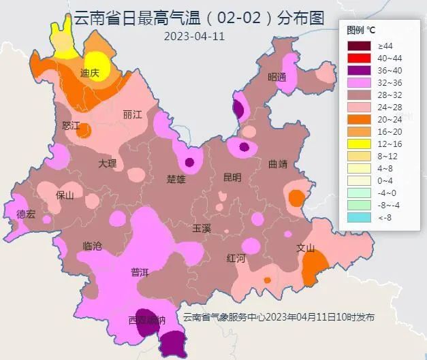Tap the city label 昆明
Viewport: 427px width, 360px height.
232,178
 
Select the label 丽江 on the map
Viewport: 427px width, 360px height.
132,114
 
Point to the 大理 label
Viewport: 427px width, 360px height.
107,163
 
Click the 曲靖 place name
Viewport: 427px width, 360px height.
278,163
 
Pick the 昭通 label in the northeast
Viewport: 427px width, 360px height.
276,77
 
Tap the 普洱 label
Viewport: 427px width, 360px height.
140,272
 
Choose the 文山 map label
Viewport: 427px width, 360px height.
305,248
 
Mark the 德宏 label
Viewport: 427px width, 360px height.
26,214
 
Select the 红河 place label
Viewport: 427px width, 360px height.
236,258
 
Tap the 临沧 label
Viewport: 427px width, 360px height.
92,246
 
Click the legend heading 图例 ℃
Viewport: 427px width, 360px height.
360,30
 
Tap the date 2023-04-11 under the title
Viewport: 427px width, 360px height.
194,36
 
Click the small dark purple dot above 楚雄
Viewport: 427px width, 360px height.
189,162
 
